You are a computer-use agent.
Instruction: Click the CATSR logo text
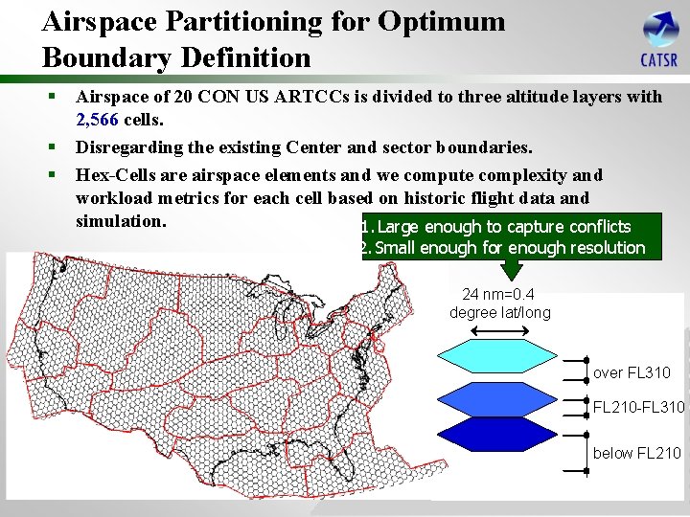click(x=658, y=61)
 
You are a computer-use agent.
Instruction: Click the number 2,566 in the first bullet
click(x=97, y=121)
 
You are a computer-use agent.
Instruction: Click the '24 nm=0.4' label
click(x=498, y=295)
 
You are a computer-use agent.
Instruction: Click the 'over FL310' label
click(x=632, y=372)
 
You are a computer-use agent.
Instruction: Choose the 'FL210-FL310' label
click(x=638, y=408)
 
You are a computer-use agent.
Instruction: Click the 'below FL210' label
click(x=636, y=453)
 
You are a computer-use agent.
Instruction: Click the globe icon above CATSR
click(x=660, y=29)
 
